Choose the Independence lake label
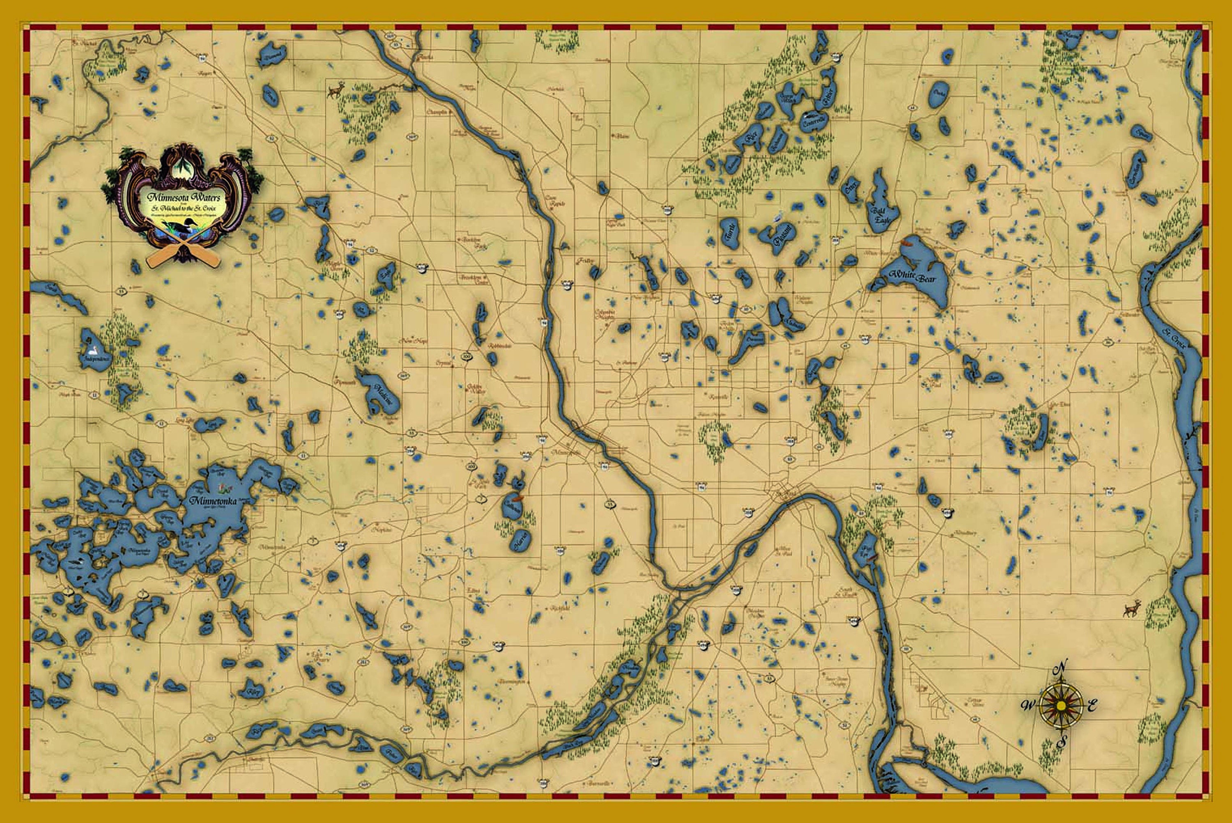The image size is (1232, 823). pos(96,360)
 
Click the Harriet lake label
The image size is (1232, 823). pos(520,541)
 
